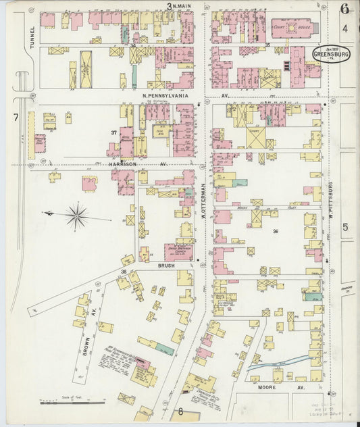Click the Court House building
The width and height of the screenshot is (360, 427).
click(292, 28)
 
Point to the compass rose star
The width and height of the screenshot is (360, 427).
click(76, 216)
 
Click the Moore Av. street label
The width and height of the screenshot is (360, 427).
click(272, 388)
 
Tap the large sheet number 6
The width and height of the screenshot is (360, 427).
click(344, 9)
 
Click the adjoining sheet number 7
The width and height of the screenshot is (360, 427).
click(15, 118)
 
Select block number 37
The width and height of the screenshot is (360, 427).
click(114, 132)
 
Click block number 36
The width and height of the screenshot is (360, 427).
click(276, 231)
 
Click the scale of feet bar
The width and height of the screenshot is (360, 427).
click(72, 403)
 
